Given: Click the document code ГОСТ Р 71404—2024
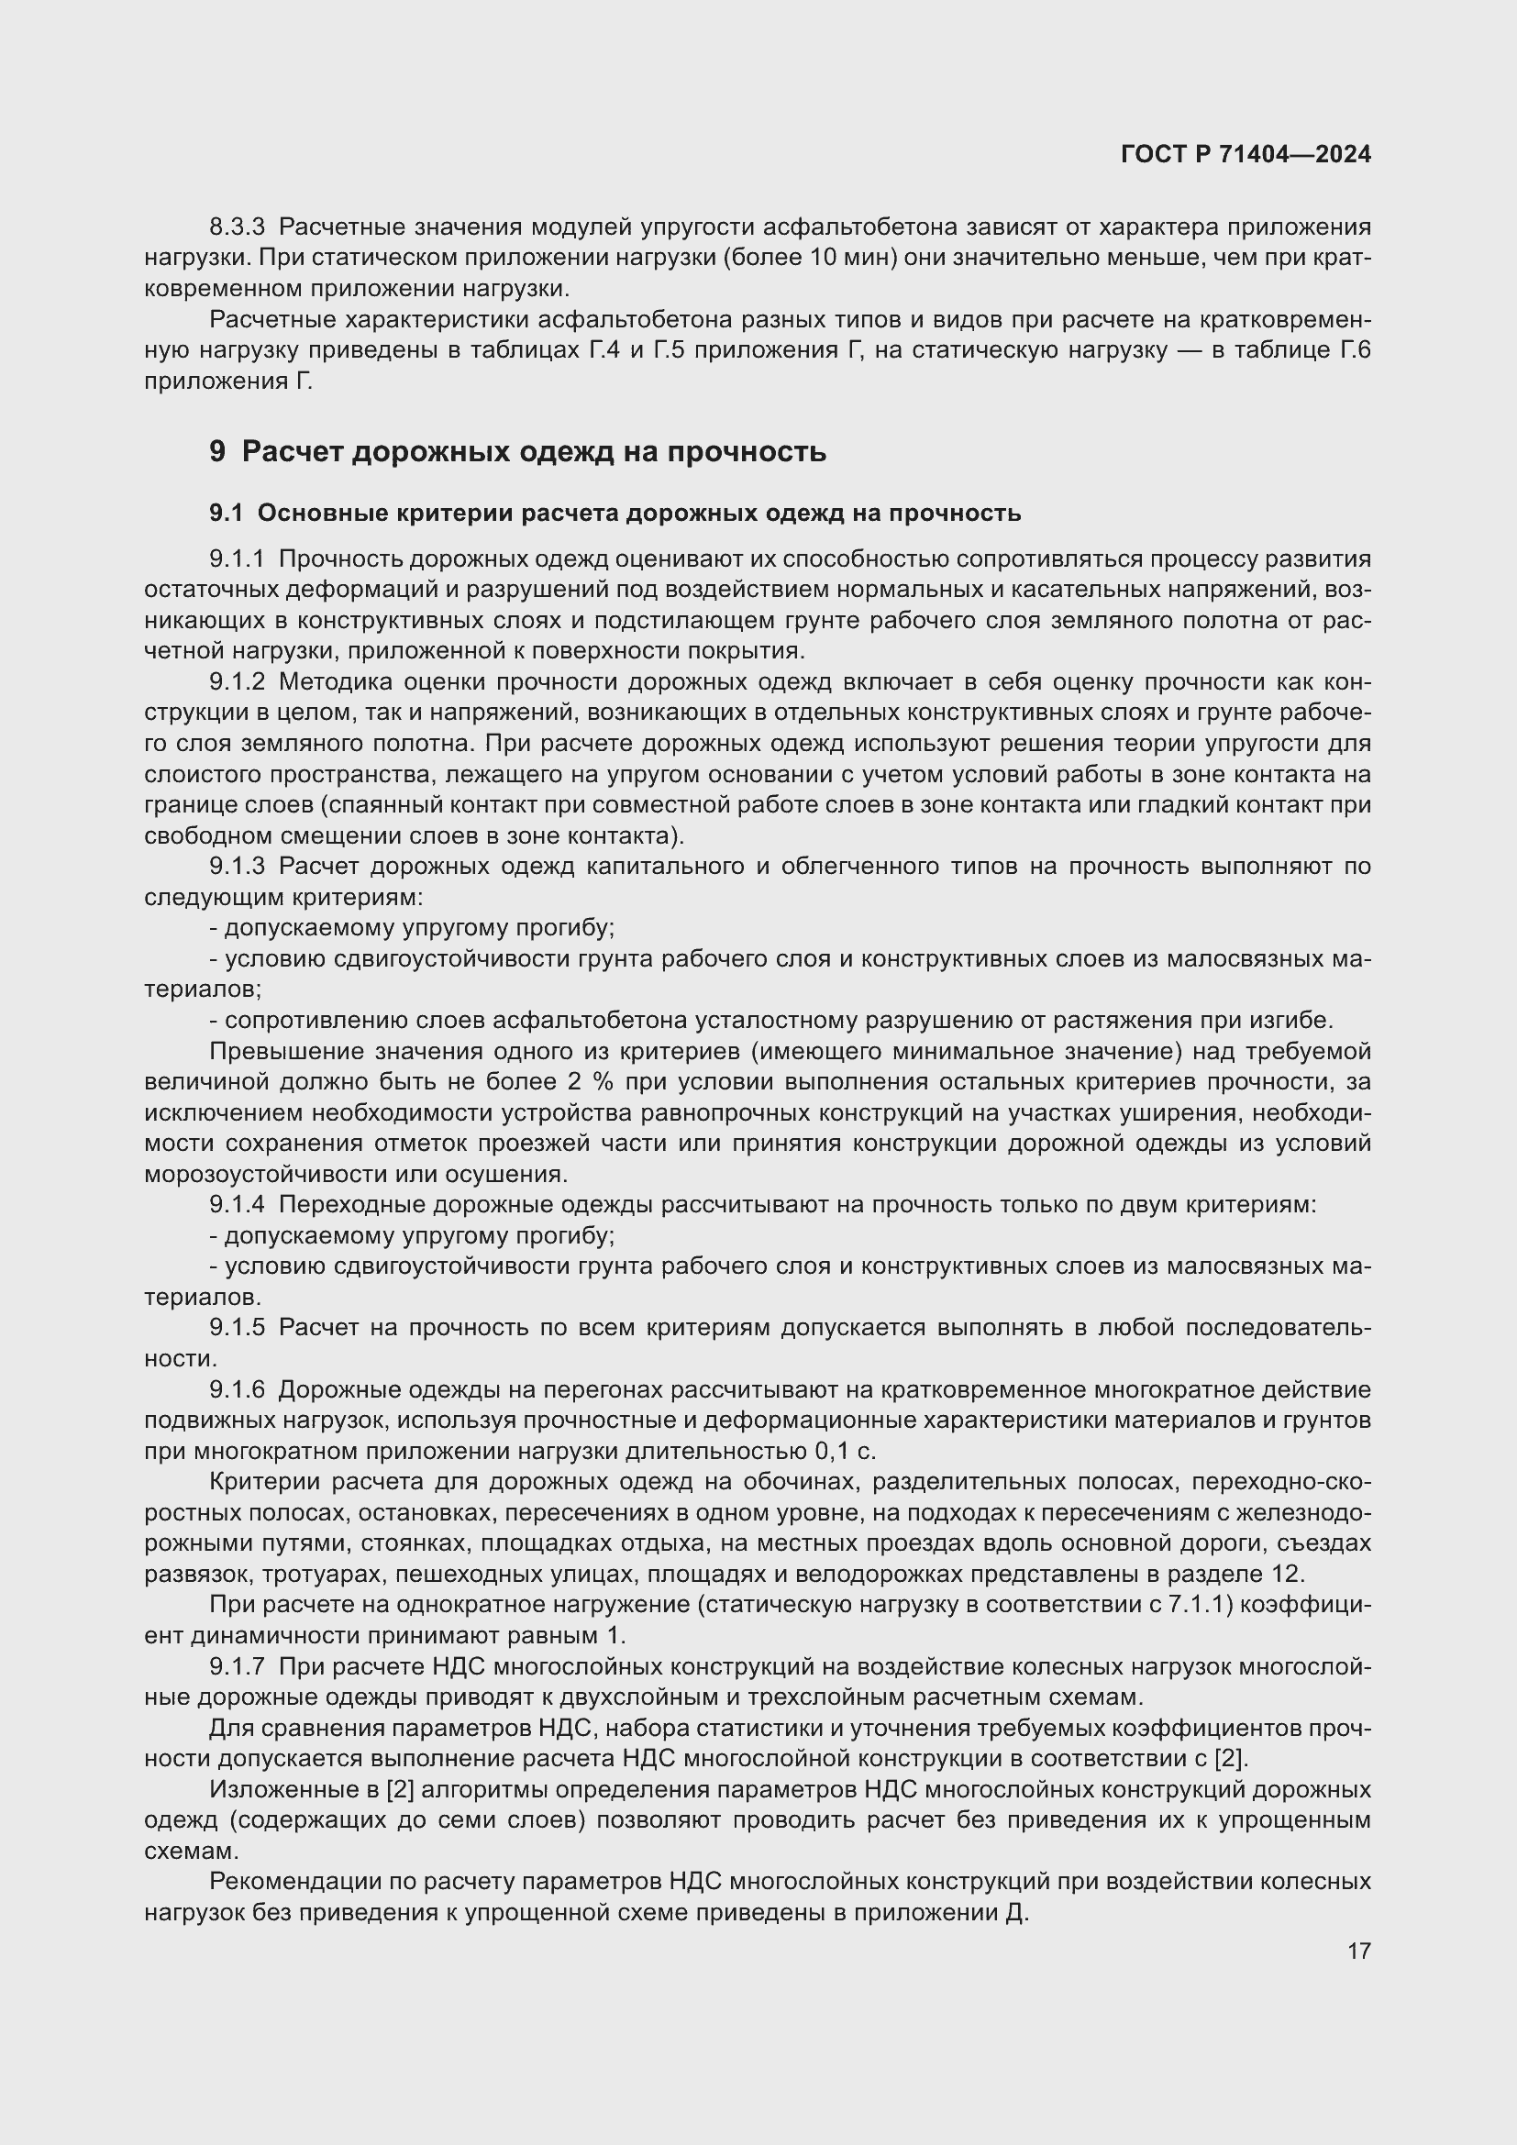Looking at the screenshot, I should pos(1246,154).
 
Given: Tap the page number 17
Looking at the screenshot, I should pos(1359,1952).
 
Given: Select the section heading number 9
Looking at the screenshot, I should pos(216,452).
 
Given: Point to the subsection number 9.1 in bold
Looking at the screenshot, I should pos(225,513).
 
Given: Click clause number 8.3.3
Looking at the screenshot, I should pos(238,227).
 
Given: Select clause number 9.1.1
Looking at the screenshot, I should pos(238,559).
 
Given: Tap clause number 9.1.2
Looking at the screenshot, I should pos(238,682).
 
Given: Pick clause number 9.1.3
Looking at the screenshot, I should pos(238,867).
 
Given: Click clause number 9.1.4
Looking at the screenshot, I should pos(238,1205).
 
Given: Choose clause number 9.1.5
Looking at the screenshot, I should pos(238,1329).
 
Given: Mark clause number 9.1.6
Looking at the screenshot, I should pos(238,1390).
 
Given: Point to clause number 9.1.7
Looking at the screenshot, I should pos(238,1666).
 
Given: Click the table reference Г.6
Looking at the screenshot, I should pos(1356,350).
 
